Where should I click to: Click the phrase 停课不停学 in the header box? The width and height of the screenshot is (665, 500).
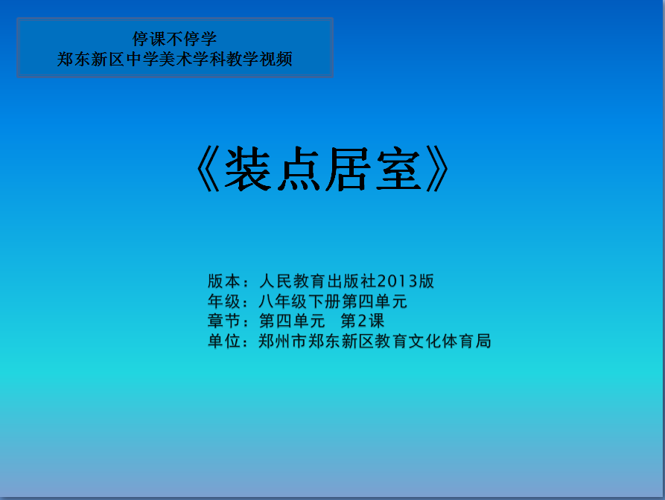175,39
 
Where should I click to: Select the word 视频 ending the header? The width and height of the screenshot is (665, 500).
276,59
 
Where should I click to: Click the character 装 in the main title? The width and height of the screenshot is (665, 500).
248,169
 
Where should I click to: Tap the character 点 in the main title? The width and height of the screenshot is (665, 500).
299,169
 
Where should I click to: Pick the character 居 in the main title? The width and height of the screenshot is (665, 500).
348,169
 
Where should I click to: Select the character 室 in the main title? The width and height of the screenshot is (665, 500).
398,169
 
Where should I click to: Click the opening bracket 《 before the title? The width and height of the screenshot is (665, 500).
209,169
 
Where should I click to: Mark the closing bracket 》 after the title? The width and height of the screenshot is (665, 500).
438,169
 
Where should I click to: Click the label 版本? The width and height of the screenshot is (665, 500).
224,281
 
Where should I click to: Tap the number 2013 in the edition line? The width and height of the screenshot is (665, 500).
398,281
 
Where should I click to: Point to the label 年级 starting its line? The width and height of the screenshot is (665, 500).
224,301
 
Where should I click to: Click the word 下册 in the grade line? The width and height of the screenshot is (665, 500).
325,301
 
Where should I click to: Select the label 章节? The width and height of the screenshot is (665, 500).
224,321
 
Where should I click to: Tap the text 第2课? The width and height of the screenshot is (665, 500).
363,321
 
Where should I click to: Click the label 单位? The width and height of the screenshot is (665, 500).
224,341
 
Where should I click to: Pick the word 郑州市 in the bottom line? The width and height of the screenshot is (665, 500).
283,341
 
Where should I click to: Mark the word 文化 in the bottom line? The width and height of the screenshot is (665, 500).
424,341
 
